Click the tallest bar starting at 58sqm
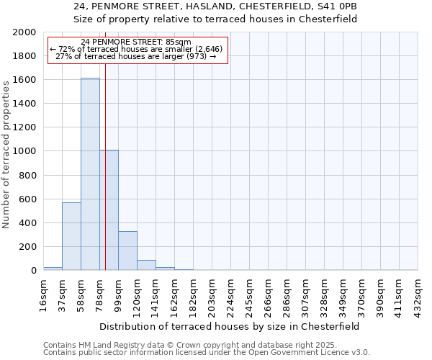(x=90, y=174)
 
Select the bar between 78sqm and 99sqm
(x=109, y=210)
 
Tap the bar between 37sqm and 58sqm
(x=71, y=236)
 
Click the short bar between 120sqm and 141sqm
(x=146, y=265)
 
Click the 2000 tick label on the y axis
(x=25, y=32)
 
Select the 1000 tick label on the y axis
(x=25, y=152)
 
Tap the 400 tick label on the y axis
(x=28, y=223)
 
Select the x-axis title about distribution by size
(x=230, y=326)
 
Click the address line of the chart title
(x=215, y=6)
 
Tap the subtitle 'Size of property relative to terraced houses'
(x=215, y=19)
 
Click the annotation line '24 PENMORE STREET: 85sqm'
(x=136, y=42)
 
